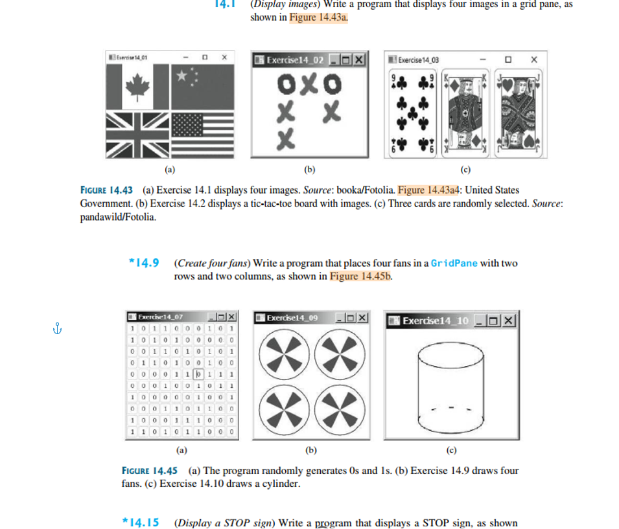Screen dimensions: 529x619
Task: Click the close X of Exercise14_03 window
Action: (533, 60)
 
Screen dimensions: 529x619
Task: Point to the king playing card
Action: (465, 115)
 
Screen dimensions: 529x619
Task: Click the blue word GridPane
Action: (454, 263)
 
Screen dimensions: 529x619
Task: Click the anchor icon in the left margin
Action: (57, 329)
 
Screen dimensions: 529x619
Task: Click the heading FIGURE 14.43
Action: (106, 190)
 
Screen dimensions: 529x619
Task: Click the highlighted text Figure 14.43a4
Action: (428, 190)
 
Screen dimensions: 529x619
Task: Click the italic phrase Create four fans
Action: (212, 263)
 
